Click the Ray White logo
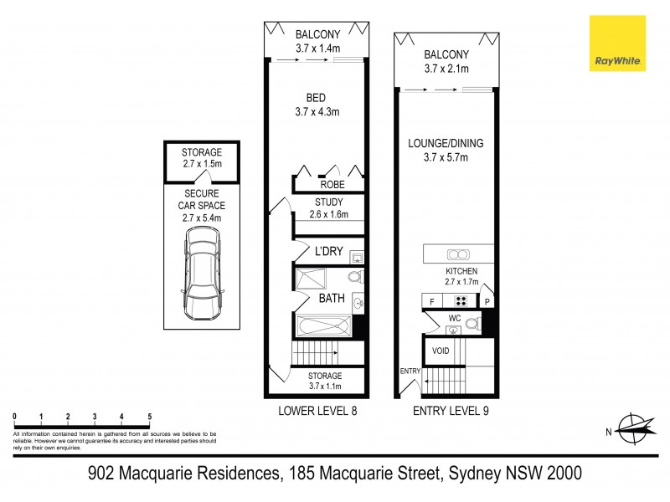(x=616, y=44)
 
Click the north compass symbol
(x=633, y=431)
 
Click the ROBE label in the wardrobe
(x=328, y=184)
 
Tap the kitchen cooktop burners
(x=460, y=301)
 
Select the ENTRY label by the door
(x=410, y=371)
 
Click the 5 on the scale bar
(x=149, y=416)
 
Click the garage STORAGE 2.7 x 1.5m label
(x=201, y=158)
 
